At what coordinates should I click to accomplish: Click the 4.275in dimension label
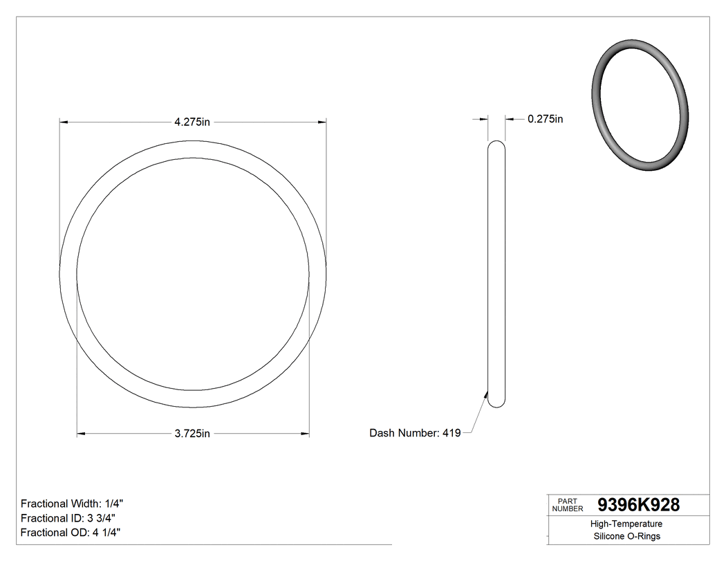pyautogui.click(x=192, y=122)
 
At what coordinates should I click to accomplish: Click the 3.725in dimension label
pyautogui.click(x=192, y=434)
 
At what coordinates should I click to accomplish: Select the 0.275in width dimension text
pyautogui.click(x=545, y=119)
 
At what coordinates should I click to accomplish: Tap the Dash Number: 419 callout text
pyautogui.click(x=415, y=433)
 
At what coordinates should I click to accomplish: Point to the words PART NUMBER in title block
pyautogui.click(x=567, y=504)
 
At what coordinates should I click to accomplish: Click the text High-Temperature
pyautogui.click(x=626, y=524)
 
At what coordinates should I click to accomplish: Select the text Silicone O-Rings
pyautogui.click(x=626, y=536)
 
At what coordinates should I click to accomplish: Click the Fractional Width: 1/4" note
pyautogui.click(x=72, y=504)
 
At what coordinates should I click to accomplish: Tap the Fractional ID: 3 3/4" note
pyautogui.click(x=68, y=518)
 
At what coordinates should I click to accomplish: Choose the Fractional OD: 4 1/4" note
pyautogui.click(x=71, y=532)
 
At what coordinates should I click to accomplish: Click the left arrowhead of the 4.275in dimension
pyautogui.click(x=64, y=122)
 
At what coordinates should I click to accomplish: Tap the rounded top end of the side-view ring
pyautogui.click(x=496, y=145)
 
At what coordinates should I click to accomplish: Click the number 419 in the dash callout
pyautogui.click(x=452, y=433)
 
